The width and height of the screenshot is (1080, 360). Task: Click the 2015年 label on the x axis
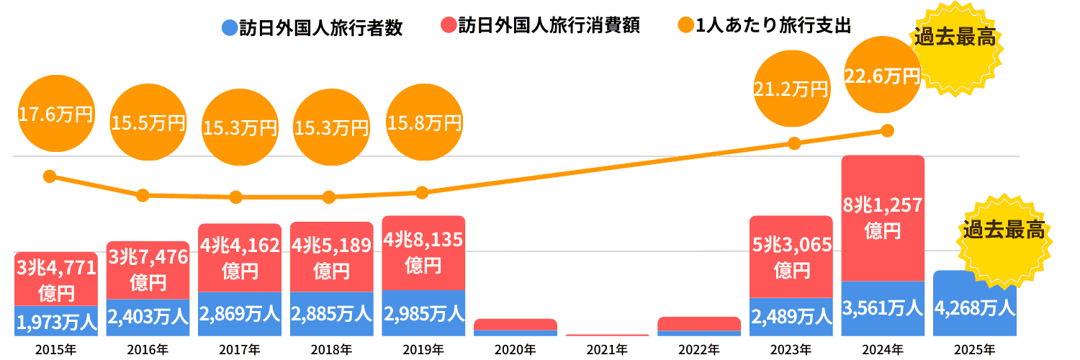click(x=55, y=350)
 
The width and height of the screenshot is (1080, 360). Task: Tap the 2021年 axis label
click(x=607, y=350)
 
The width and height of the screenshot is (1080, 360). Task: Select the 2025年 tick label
click(x=974, y=350)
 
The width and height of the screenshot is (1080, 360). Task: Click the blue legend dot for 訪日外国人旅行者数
click(x=230, y=27)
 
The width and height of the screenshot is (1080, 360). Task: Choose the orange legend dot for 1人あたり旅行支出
click(x=685, y=27)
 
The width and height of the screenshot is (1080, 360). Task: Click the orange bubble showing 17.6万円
click(x=55, y=115)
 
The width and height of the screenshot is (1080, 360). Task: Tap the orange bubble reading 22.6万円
click(x=882, y=76)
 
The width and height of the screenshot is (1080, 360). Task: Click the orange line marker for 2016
click(x=143, y=195)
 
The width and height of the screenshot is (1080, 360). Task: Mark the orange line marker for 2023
click(x=794, y=143)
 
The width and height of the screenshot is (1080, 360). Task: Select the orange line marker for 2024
click(x=887, y=130)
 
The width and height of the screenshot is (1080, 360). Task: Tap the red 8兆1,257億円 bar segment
click(x=882, y=216)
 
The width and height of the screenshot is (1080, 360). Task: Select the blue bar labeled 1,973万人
click(x=55, y=321)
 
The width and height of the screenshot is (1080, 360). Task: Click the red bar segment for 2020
click(x=515, y=324)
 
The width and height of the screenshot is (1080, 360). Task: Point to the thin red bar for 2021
click(x=607, y=335)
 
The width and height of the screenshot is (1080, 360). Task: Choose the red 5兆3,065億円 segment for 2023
click(x=791, y=256)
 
